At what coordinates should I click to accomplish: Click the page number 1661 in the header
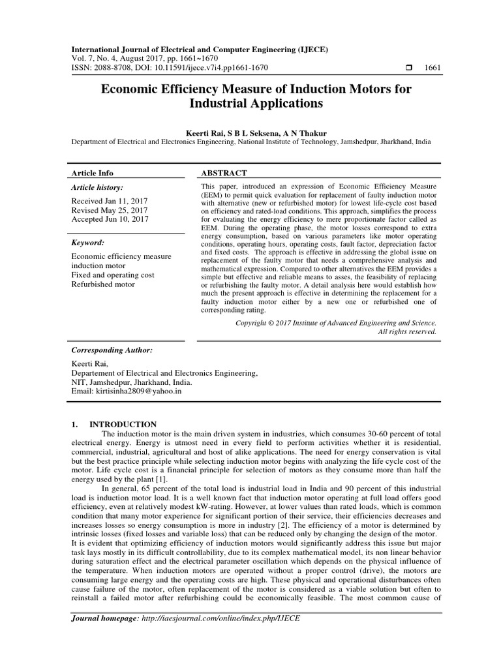pyautogui.click(x=433, y=68)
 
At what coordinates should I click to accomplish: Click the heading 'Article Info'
pyautogui.click(x=92, y=173)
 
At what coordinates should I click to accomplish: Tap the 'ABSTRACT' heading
pyautogui.click(x=224, y=173)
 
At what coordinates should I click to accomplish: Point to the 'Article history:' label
pyautogui.click(x=97, y=187)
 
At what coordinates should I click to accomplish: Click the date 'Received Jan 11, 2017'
pyautogui.click(x=110, y=202)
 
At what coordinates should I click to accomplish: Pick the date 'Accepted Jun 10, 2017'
pyautogui.click(x=110, y=220)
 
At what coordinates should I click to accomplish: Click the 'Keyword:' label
pyautogui.click(x=88, y=243)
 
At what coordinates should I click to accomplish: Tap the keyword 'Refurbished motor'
pyautogui.click(x=103, y=284)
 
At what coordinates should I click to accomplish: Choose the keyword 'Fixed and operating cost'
pyautogui.click(x=113, y=275)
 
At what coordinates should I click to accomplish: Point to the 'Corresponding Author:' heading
pyautogui.click(x=112, y=350)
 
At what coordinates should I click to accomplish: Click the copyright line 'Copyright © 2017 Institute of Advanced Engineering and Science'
pyautogui.click(x=335, y=322)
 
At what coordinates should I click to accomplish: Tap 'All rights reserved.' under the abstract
pyautogui.click(x=407, y=331)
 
